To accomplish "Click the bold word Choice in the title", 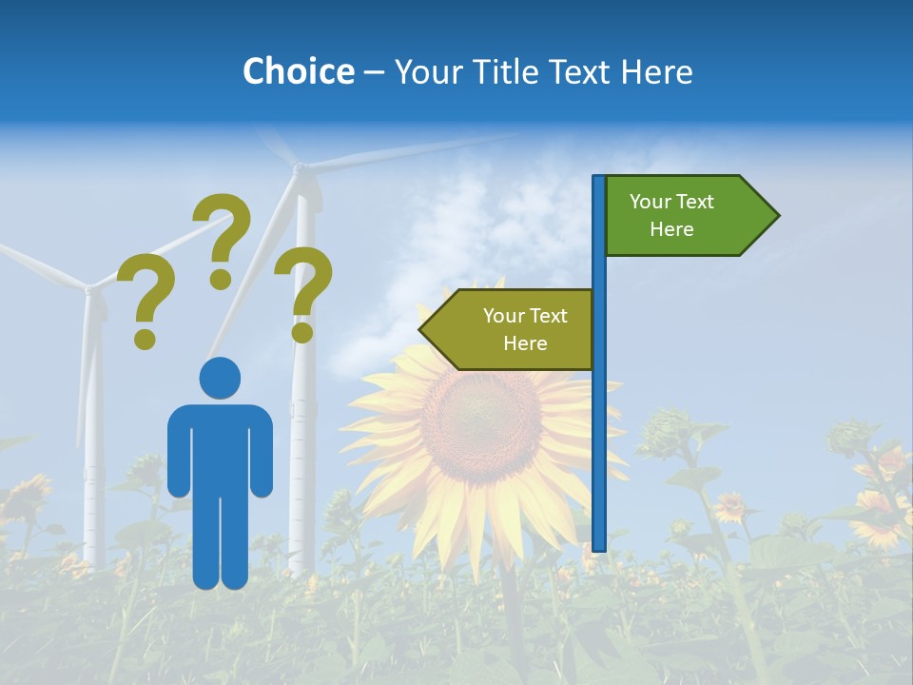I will (298, 71).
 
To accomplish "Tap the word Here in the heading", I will (655, 71).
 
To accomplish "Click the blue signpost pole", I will (599, 428).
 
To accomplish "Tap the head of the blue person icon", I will (220, 377).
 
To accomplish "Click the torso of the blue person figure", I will (220, 447).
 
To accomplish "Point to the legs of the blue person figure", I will (220, 542).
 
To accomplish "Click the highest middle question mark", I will (225, 228).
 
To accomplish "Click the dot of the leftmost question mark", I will (145, 338).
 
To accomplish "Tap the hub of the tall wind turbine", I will (300, 169).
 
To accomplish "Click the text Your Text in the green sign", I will (671, 202).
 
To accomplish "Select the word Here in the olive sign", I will (525, 343).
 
